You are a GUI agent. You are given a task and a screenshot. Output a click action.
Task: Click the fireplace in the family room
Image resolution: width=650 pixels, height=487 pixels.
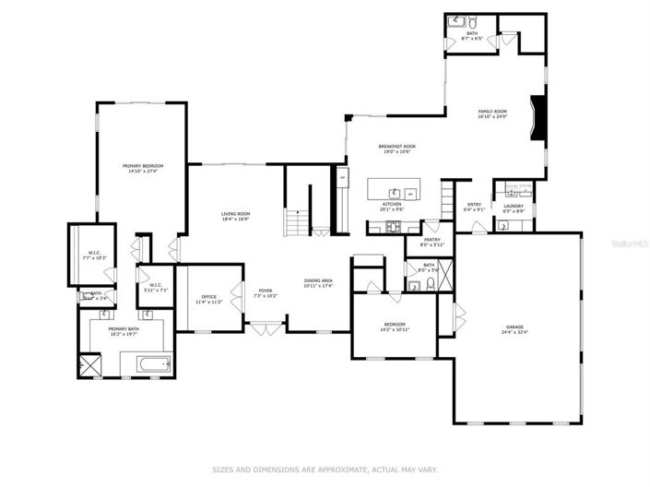click(540, 118)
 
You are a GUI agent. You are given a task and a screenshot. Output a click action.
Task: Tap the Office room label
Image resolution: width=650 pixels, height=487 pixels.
click(208, 296)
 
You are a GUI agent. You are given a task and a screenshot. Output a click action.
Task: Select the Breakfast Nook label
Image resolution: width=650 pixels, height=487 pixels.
click(398, 147)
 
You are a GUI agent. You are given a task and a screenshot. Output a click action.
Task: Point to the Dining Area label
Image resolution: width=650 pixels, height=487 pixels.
click(318, 280)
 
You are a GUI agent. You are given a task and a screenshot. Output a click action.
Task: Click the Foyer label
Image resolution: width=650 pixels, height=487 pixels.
click(266, 291)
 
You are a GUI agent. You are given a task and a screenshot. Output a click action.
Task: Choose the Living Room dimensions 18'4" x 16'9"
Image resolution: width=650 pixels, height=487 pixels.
click(235, 220)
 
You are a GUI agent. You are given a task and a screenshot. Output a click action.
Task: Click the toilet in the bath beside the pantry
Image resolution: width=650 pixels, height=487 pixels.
click(414, 285)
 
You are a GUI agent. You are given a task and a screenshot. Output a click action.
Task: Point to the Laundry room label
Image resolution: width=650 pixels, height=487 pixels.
click(514, 206)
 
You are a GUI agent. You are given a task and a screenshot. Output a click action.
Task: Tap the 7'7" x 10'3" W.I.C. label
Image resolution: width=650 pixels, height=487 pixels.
click(94, 257)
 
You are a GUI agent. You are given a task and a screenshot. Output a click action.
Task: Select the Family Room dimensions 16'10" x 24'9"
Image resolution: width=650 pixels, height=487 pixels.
click(492, 116)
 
